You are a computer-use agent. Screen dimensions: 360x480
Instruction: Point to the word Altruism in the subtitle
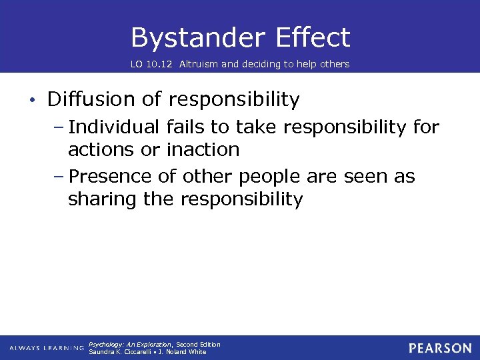coord(199,65)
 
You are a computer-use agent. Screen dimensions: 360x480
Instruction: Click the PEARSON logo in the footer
coord(440,348)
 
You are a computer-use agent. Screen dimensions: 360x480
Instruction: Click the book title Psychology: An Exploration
coord(131,345)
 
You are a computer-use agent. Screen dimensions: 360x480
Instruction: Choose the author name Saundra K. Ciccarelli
coord(121,352)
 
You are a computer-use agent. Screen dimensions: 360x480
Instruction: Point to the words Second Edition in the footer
coord(198,345)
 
